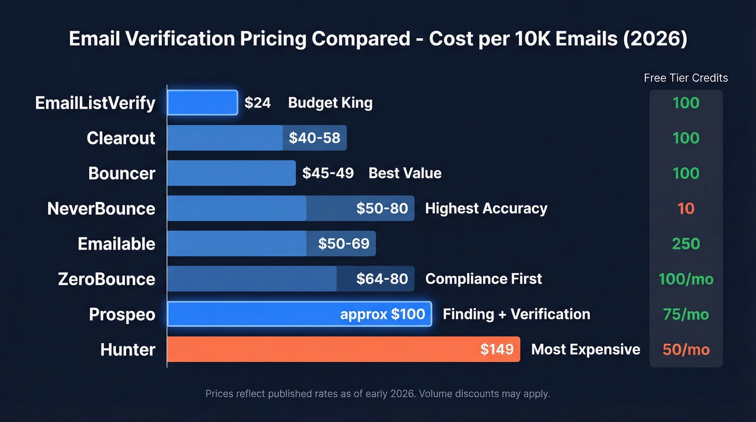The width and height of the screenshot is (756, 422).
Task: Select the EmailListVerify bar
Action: click(202, 103)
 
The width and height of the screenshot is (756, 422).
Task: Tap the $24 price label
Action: click(258, 103)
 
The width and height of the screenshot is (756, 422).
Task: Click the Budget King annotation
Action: click(330, 103)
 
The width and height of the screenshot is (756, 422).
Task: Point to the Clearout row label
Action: click(121, 138)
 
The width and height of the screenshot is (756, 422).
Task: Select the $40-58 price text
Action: click(314, 138)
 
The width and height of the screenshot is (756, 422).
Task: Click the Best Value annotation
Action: click(404, 173)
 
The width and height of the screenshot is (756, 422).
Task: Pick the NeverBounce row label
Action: click(101, 209)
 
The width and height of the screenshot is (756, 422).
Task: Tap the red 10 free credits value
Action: click(686, 209)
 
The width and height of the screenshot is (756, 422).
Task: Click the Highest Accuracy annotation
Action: click(486, 209)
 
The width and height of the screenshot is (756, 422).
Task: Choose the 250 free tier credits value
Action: click(686, 244)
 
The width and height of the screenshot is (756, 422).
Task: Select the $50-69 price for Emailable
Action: click(343, 244)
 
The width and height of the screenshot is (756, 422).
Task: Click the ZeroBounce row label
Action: click(106, 279)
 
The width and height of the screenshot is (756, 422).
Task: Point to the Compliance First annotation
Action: click(483, 279)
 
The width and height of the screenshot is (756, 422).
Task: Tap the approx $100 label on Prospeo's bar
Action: click(382, 314)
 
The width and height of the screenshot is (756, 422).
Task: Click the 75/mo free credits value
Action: click(686, 314)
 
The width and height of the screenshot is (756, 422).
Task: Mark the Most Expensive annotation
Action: click(585, 350)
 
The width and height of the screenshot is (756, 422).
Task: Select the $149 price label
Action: click(497, 350)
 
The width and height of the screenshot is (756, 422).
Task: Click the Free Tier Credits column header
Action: click(686, 78)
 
